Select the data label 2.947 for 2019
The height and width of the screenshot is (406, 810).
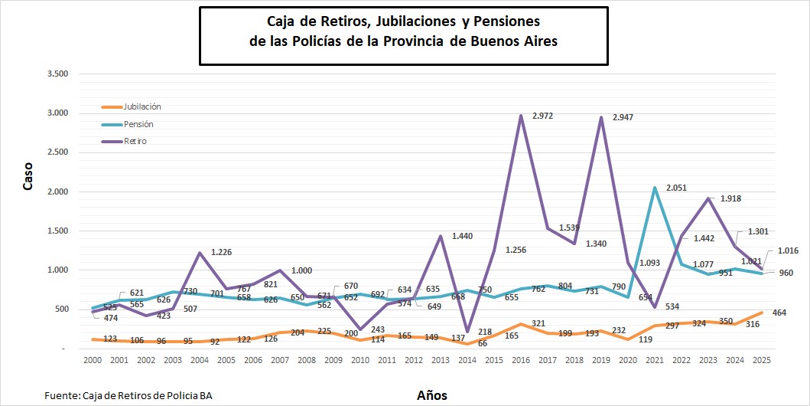click(621, 117)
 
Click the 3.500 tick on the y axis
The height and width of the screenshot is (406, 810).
click(58, 74)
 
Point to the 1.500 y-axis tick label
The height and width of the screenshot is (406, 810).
click(58, 231)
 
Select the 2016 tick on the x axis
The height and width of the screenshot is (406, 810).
click(520, 359)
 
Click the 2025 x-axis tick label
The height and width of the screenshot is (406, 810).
click(762, 359)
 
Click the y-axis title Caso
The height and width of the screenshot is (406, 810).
click(28, 175)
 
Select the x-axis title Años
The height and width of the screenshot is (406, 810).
click(432, 395)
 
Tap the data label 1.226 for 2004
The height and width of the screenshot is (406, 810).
click(222, 252)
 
